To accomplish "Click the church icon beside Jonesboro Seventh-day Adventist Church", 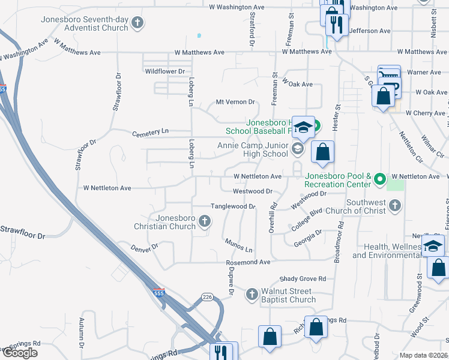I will tap(138, 23).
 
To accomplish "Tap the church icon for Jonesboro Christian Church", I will tap(205, 221).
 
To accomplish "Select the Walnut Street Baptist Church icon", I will tap(252, 295).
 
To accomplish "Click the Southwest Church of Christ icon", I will tap(394, 206).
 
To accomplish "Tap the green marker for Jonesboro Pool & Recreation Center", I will tap(379, 179).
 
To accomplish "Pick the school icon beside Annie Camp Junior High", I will tap(297, 149).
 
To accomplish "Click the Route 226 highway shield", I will tap(207, 297).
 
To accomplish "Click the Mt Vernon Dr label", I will tap(236, 102).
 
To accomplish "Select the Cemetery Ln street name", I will tap(150, 131).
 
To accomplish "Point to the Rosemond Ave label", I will tap(248, 263).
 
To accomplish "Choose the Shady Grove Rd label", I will tap(303, 279).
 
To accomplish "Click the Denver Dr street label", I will tap(143, 247).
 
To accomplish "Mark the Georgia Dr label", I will tap(308, 238).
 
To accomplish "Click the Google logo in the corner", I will tap(20, 353).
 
